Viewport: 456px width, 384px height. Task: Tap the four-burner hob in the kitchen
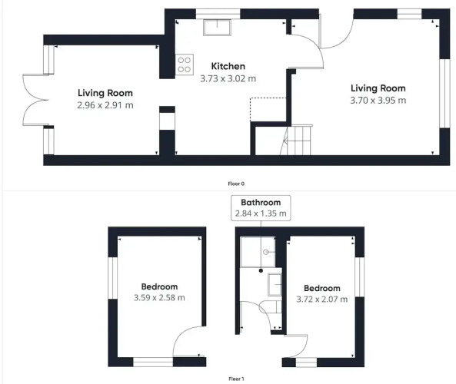click(185, 65)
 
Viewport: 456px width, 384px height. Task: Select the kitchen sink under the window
click(216, 28)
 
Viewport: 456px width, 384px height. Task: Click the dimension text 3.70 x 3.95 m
click(378, 100)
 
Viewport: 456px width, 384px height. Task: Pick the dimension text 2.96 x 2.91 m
click(105, 104)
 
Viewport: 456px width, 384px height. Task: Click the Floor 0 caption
click(236, 184)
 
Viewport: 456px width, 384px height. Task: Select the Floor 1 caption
click(236, 379)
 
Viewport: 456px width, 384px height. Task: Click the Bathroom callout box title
click(260, 203)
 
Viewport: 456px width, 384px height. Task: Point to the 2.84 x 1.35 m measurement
click(260, 214)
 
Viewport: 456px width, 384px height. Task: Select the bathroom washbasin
click(274, 286)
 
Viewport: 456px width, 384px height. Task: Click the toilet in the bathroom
click(268, 308)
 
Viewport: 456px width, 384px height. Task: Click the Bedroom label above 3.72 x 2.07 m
click(321, 289)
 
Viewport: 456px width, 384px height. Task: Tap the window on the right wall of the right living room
click(442, 92)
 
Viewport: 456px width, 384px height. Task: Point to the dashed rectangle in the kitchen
click(268, 109)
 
